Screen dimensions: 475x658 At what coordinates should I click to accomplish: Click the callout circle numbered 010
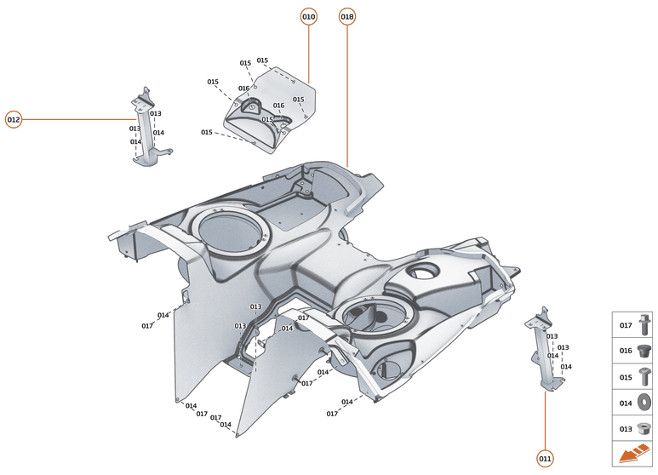click(308, 17)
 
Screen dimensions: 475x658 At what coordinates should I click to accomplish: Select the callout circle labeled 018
click(347, 17)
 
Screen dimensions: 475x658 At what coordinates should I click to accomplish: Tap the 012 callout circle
click(14, 119)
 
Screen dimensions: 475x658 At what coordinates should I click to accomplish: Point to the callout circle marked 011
click(545, 459)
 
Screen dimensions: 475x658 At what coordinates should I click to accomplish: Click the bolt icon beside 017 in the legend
click(646, 325)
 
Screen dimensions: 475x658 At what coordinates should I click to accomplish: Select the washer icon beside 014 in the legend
click(646, 403)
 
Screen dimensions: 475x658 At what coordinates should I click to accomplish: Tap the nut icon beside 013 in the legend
click(646, 429)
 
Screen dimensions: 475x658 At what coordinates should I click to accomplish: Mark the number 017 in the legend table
click(625, 325)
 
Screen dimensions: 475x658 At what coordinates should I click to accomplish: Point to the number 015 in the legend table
click(625, 377)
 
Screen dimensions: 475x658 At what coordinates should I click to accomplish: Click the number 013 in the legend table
click(625, 429)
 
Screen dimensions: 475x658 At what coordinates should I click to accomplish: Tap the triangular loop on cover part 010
click(250, 106)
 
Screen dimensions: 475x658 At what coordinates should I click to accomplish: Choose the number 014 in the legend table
click(625, 403)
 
